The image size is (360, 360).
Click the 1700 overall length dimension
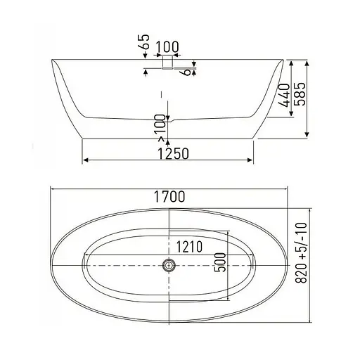pyautogui.click(x=169, y=196)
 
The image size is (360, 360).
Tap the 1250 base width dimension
pyautogui.click(x=173, y=154)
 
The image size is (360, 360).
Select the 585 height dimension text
pyautogui.click(x=300, y=94)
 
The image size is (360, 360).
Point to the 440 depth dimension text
pyautogui.click(x=285, y=95)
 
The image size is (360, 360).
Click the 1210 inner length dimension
pyautogui.click(x=189, y=247)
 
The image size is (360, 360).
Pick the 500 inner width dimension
pyautogui.click(x=220, y=262)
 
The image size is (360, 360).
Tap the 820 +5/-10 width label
pyautogui.click(x=301, y=253)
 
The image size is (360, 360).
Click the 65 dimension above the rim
pyautogui.click(x=143, y=41)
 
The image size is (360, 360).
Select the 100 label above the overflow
pyautogui.click(x=167, y=46)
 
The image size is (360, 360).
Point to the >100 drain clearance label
pyautogui.click(x=162, y=128)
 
